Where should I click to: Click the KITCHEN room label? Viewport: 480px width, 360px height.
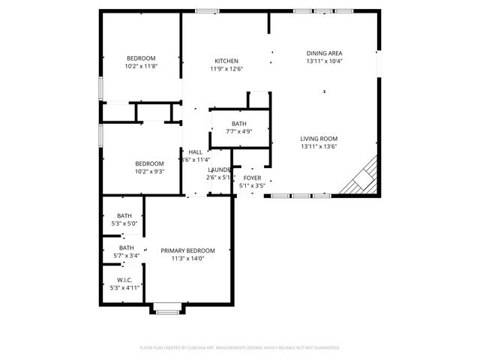[226, 61]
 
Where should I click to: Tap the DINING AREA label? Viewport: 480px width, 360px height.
[324, 53]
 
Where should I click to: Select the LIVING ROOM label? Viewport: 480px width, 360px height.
[319, 139]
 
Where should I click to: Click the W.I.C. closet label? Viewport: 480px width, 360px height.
[124, 280]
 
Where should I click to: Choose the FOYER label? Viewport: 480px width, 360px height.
[252, 178]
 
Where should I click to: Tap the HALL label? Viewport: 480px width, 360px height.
[195, 151]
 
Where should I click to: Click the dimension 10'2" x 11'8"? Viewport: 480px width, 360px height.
[140, 66]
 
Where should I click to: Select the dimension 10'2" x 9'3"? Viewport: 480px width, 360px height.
[149, 172]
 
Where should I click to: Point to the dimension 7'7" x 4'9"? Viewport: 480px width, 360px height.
[238, 131]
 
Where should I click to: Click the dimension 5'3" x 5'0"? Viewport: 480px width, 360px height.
[124, 223]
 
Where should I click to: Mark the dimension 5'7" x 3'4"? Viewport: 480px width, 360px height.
[126, 255]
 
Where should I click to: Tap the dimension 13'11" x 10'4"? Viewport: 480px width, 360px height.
[324, 61]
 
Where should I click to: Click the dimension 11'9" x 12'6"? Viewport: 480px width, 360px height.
[226, 69]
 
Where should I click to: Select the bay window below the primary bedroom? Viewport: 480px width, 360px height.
[166, 307]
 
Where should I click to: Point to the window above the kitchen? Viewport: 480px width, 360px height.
[206, 10]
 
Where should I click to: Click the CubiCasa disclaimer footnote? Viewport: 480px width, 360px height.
[240, 347]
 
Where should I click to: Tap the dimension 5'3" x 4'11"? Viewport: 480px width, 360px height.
[124, 287]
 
